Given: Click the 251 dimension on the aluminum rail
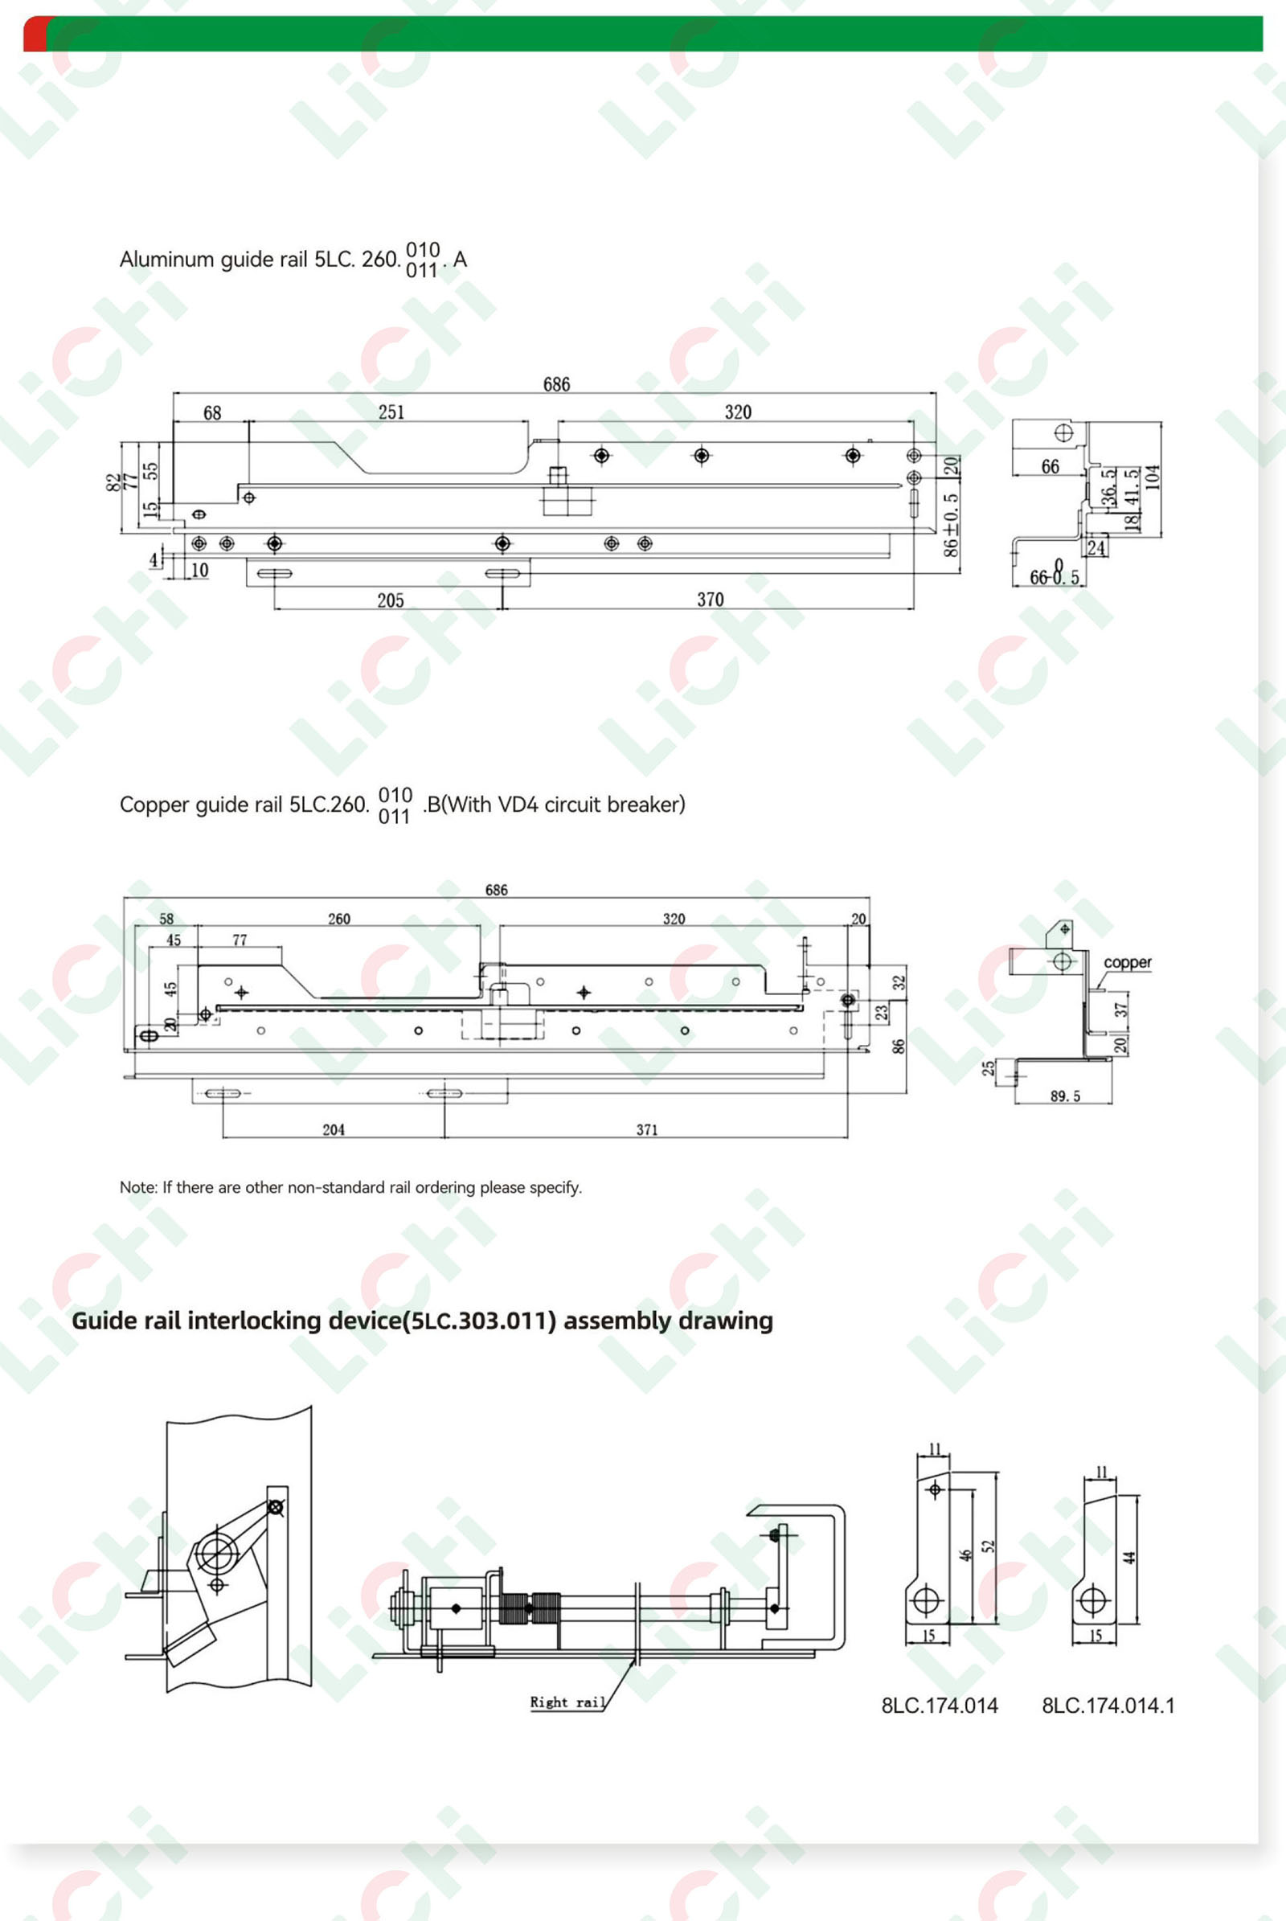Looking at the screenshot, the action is point(391,411).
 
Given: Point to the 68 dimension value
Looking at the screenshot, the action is point(212,412).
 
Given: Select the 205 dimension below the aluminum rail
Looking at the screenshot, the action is point(391,600).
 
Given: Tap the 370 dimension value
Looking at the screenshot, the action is point(711,600).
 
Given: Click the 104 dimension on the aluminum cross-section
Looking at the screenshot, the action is point(1153,477).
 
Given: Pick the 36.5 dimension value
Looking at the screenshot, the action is point(1108,486).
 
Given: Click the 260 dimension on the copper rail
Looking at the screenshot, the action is point(338,919).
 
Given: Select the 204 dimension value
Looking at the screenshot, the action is point(333,1129).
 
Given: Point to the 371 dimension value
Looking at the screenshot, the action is point(647,1129).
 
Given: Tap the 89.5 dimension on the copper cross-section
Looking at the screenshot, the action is point(1066,1096).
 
